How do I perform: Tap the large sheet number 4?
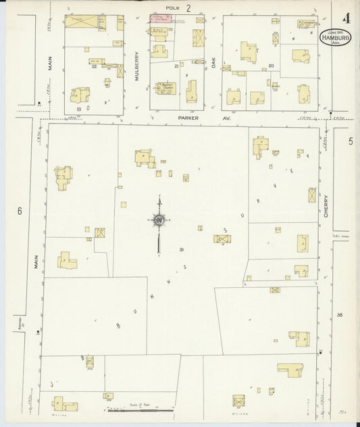click(x=345, y=18)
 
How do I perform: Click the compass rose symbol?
click(x=159, y=220)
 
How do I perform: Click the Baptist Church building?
click(x=166, y=88)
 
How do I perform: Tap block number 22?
click(x=95, y=66)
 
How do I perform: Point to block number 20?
click(x=271, y=65)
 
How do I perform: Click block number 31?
click(x=182, y=250)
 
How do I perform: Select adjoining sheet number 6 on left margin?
click(x=20, y=211)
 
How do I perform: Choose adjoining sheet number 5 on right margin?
click(x=351, y=141)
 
